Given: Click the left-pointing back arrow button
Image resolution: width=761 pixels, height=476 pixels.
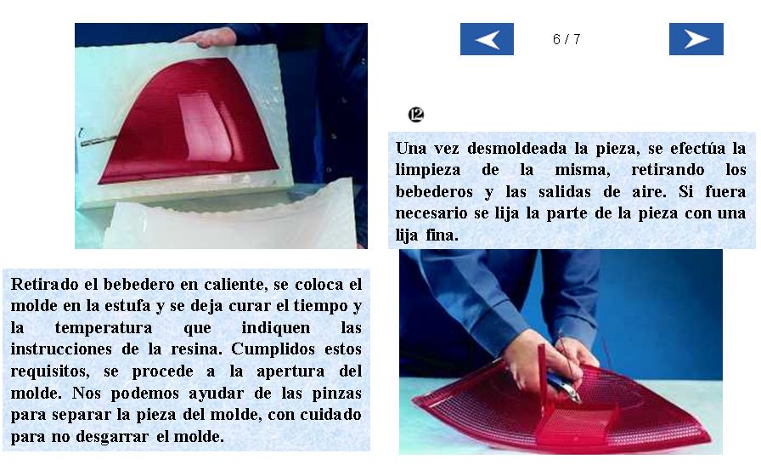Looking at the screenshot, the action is click(487, 39).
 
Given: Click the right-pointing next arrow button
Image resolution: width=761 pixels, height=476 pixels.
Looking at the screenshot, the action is click(696, 39).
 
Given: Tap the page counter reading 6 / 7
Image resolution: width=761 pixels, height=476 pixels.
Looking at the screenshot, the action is click(567, 39).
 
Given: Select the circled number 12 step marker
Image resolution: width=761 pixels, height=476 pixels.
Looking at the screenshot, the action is click(416, 115).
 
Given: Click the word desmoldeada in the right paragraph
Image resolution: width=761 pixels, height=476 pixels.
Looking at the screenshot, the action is click(516, 148).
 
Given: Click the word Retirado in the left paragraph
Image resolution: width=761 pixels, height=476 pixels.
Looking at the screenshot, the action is click(45, 284).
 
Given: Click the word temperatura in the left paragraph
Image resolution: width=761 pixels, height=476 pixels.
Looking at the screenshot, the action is click(104, 327).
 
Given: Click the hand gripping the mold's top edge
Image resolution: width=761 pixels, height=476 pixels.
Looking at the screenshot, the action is click(210, 37).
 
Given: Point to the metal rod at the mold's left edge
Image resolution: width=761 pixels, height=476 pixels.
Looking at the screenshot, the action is click(96, 141).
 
